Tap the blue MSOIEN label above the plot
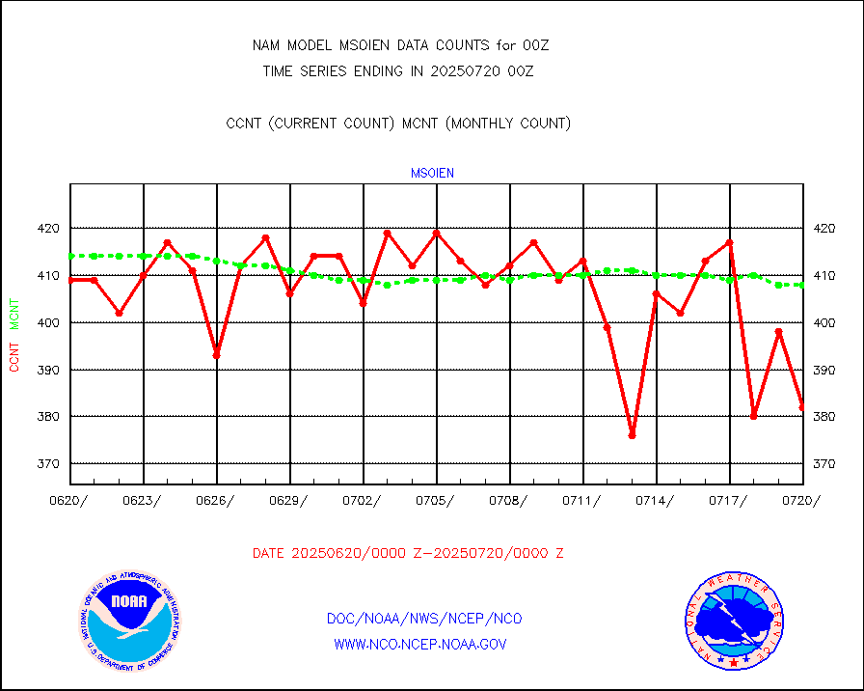(x=432, y=174)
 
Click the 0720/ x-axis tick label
(x=801, y=500)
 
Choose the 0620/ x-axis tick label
(x=70, y=500)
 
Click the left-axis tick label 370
(x=48, y=464)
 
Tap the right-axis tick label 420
(x=824, y=229)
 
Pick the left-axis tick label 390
(x=48, y=371)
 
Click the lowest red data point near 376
(x=632, y=435)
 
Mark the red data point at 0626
(x=217, y=355)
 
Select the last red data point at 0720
(x=801, y=407)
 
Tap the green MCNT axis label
(x=14, y=313)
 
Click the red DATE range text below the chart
(x=408, y=554)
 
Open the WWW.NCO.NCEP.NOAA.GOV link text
(x=419, y=644)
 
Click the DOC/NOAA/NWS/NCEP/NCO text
(x=424, y=619)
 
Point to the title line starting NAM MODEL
(x=400, y=45)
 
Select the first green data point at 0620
(x=71, y=256)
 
